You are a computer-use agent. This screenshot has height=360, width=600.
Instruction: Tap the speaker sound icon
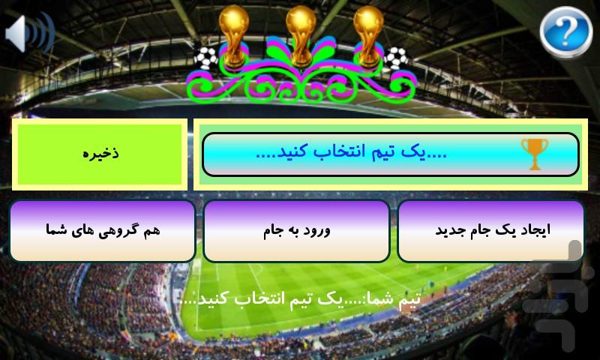point(29,33)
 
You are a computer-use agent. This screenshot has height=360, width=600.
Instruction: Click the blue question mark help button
point(565,32)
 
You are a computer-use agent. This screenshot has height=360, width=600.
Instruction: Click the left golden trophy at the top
point(233,34)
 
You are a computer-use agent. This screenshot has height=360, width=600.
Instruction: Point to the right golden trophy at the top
point(368,34)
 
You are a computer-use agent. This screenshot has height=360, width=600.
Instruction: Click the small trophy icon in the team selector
point(534,153)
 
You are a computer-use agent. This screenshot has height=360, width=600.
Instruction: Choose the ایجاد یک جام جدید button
point(491,230)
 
